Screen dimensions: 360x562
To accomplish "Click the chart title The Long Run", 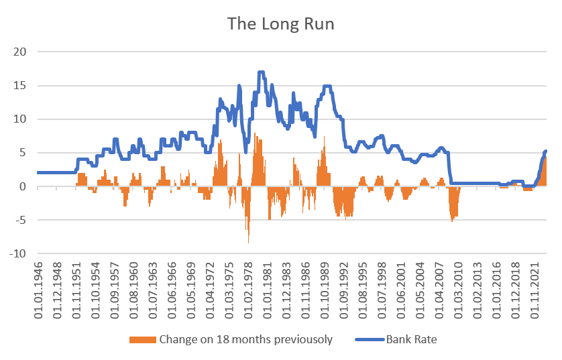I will (x=280, y=23).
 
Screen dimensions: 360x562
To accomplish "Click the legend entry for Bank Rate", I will (x=411, y=339).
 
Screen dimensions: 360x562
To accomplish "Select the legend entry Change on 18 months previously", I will (x=246, y=339).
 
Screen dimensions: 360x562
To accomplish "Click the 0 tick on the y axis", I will (x=21, y=187).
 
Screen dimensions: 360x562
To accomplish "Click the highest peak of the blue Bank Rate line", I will (x=261, y=72).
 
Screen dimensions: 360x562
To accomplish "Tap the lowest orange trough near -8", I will (x=248, y=242).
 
